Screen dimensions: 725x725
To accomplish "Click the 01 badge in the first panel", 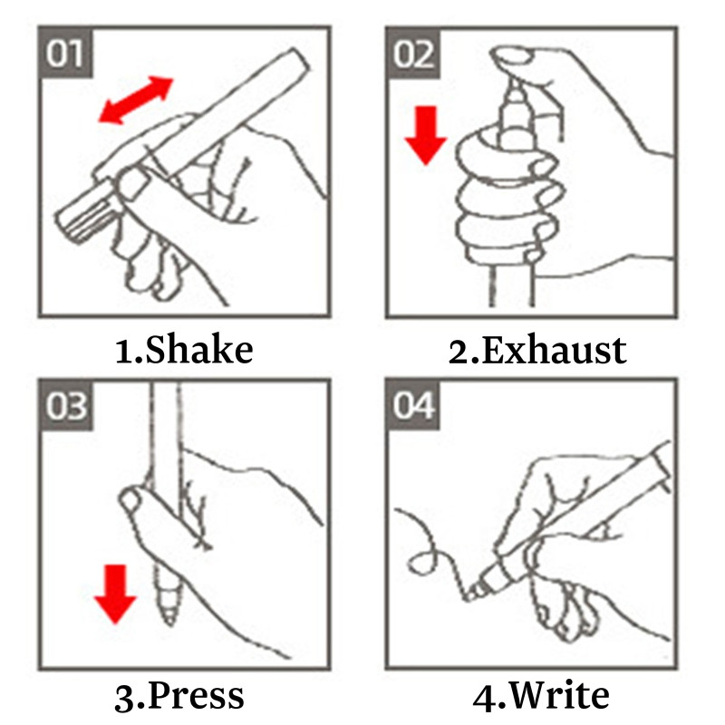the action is (x=64, y=53).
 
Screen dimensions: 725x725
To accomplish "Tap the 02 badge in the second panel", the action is (x=413, y=53).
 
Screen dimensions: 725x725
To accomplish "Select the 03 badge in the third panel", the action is (x=65, y=405).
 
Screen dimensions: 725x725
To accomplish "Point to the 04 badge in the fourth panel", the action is (x=413, y=405).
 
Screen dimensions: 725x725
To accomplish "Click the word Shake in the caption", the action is (x=199, y=349).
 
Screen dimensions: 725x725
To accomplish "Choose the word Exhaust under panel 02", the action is (x=554, y=350).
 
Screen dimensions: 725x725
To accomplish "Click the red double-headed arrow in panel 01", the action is (x=136, y=101).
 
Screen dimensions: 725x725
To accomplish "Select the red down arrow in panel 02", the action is (x=425, y=135).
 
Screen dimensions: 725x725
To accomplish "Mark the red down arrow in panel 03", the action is (x=115, y=594).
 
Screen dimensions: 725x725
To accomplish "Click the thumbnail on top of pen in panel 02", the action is (x=512, y=57).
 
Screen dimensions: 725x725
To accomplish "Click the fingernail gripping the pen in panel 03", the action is (x=130, y=500).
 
